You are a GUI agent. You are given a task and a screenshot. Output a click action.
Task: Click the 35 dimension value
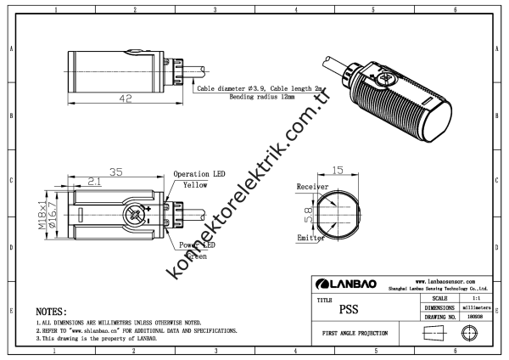point(117,172)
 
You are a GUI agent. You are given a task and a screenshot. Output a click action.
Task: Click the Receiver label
point(311,187)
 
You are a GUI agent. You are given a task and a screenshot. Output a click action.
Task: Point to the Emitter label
point(310,239)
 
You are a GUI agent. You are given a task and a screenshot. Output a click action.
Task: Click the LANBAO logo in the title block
point(350,283)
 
